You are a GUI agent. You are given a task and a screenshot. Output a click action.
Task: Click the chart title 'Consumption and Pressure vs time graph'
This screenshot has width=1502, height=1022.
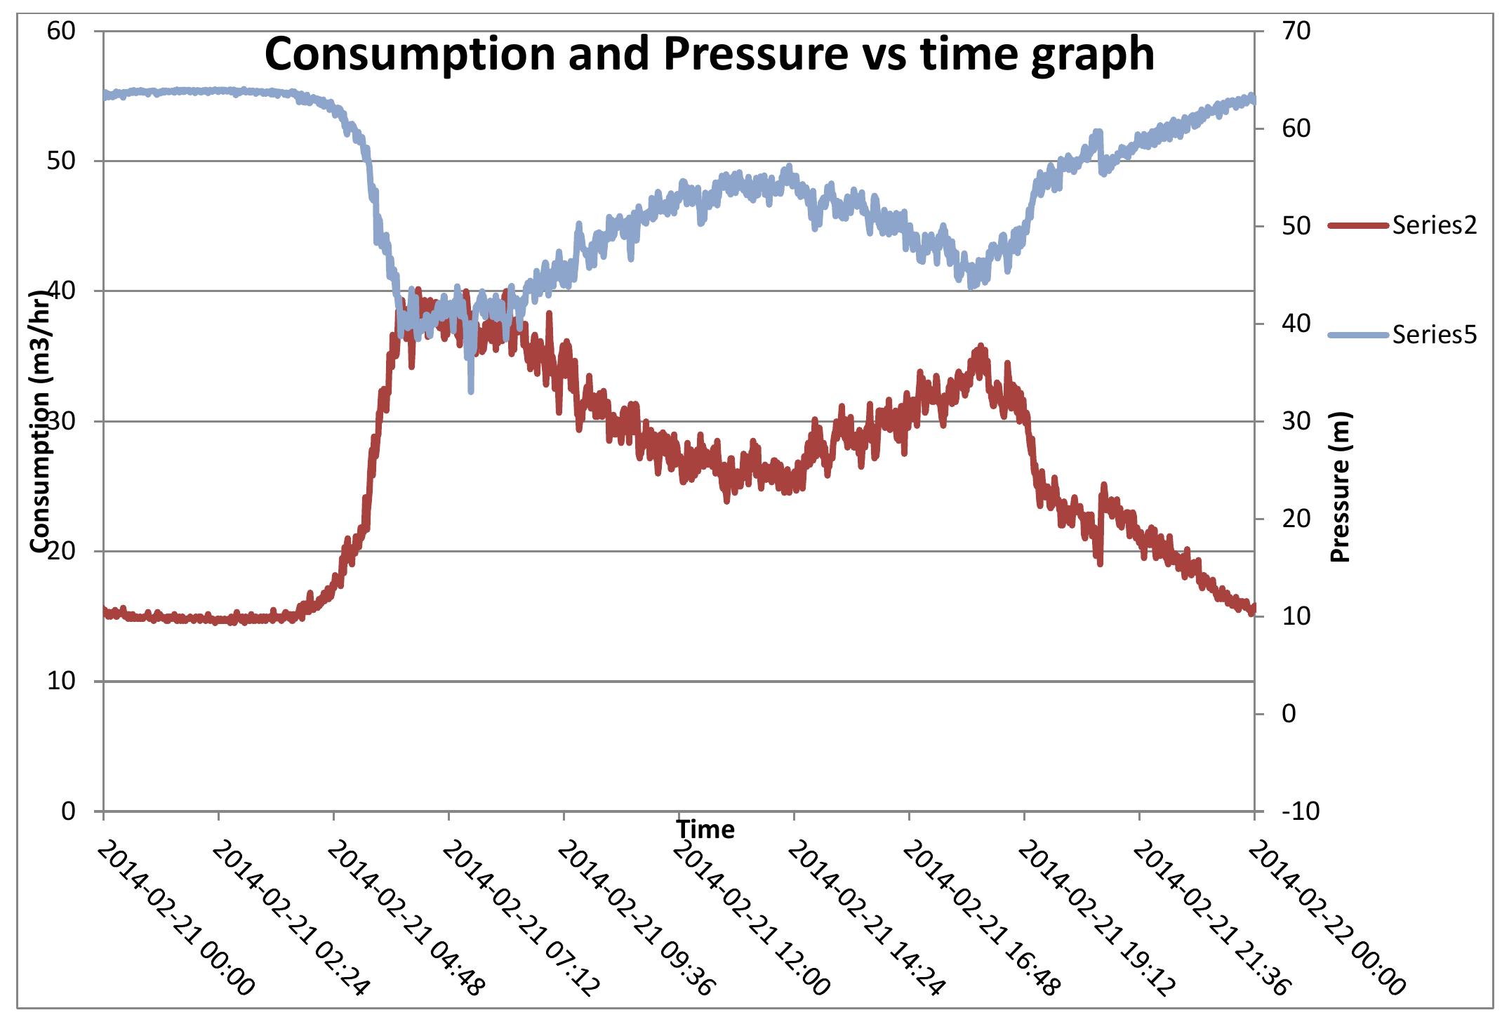(x=709, y=55)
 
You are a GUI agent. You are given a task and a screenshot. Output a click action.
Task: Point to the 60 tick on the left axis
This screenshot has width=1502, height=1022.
(x=62, y=32)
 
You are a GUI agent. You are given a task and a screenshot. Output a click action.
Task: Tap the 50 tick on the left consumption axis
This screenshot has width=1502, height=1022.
(x=62, y=161)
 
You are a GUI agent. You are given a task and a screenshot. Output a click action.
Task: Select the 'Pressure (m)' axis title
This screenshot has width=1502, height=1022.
(x=1341, y=486)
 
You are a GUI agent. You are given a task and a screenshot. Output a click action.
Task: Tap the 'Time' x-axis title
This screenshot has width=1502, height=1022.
(x=705, y=830)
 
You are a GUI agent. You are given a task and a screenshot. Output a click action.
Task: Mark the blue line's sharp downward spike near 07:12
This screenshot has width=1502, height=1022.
(x=470, y=390)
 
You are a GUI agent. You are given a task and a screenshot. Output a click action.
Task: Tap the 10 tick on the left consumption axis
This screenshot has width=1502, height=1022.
(x=62, y=682)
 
